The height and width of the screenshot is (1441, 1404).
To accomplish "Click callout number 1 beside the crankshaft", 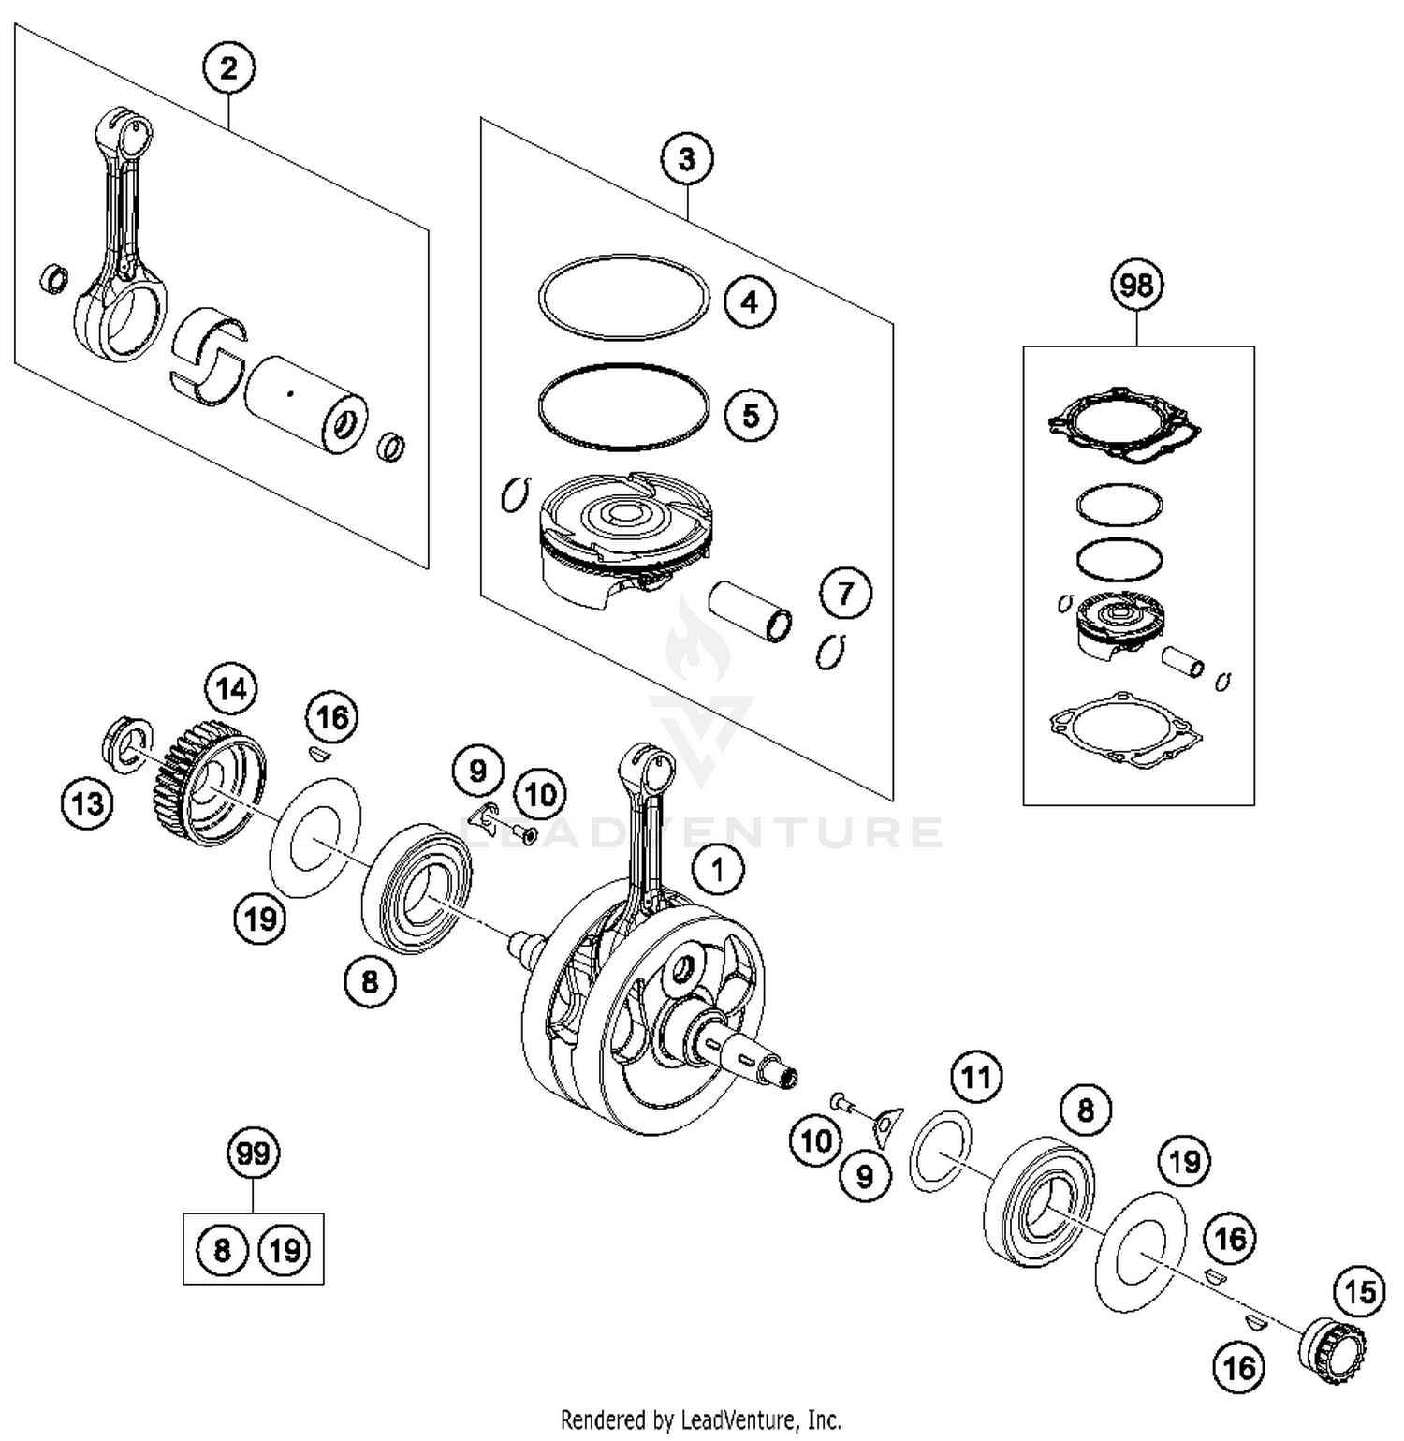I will (x=718, y=871).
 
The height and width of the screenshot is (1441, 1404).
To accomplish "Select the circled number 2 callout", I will (x=229, y=68).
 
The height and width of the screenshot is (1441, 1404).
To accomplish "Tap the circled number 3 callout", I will (x=686, y=159).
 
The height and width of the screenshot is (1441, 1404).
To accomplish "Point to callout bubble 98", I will (x=1137, y=285).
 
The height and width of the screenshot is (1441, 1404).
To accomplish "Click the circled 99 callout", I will (x=254, y=1154).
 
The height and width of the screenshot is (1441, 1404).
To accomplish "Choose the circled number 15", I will (x=1359, y=1293).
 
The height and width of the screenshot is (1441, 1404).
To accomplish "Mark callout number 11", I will (x=976, y=1078).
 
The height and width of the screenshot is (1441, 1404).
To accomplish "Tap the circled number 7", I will (x=845, y=594).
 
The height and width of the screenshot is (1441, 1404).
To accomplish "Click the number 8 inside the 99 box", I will (x=222, y=1250).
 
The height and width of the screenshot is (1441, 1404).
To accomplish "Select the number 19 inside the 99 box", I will (x=285, y=1250).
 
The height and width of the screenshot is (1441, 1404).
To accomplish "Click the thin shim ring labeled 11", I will (x=940, y=1151).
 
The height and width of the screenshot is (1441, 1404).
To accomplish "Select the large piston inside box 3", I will (x=622, y=538).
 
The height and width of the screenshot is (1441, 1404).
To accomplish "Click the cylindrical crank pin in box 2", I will (x=304, y=404).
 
